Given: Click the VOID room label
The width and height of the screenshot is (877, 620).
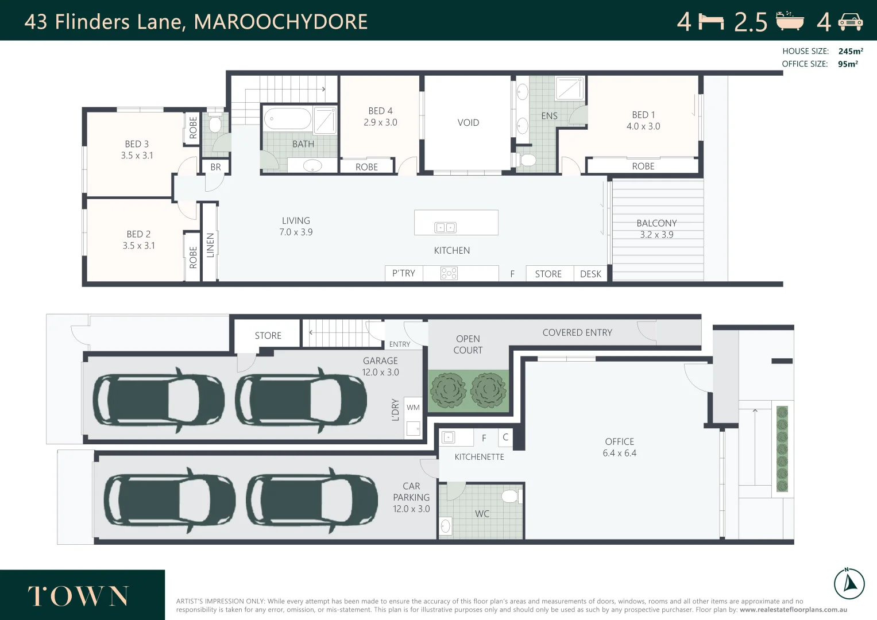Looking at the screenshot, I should tap(468, 123).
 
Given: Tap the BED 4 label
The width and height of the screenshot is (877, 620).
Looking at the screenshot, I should tap(380, 111).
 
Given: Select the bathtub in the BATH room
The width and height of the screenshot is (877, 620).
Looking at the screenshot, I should tap(287, 119).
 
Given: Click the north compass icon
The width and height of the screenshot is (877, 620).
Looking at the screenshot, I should tap(849, 584).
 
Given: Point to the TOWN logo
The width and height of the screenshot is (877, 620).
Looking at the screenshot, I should tap(78, 596).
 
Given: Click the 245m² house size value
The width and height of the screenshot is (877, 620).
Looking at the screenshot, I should tap(850, 52).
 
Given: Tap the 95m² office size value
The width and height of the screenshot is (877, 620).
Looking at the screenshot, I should tap(848, 64).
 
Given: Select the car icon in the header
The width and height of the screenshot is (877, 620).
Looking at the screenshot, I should tap(850, 22).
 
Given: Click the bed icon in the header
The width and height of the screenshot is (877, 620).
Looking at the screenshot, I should tap(711, 22).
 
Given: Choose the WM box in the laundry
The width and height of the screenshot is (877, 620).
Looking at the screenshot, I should tap(413, 408).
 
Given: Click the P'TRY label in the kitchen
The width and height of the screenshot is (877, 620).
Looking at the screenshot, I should tap(403, 274).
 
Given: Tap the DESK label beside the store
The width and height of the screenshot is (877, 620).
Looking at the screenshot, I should tap(590, 274).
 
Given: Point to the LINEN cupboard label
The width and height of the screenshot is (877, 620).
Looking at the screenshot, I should tap(210, 245).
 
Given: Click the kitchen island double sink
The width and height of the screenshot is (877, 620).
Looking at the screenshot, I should tap(445, 228).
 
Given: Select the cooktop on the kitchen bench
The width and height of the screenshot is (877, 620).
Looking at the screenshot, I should tap(449, 274).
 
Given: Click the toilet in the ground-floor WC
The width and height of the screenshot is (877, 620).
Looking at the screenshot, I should tap(510, 496).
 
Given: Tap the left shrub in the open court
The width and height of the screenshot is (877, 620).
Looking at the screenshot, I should tap(449, 390).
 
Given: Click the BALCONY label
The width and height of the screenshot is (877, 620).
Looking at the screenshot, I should tap(656, 223).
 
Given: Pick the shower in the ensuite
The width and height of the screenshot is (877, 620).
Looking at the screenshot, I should tap(569, 88).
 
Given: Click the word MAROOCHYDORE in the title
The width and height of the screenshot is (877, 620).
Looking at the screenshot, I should tap(281, 22).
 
